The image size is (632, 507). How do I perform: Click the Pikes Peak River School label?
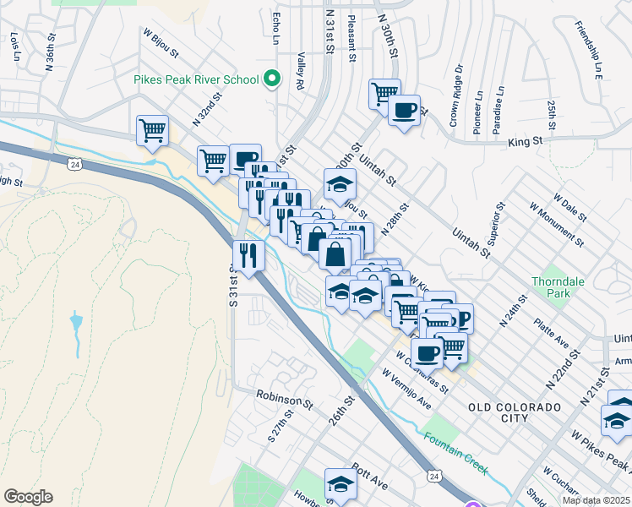pyautogui.click(x=196, y=80)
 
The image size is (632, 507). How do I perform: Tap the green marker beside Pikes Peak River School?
pyautogui.click(x=272, y=79)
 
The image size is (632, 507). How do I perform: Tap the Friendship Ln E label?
pyautogui.click(x=586, y=51)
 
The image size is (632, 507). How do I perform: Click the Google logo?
pyautogui.click(x=28, y=497)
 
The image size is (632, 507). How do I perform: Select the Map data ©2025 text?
pyautogui.click(x=597, y=500)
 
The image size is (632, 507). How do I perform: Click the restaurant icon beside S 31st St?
pyautogui.click(x=248, y=255)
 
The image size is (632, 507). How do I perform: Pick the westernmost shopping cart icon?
pyautogui.click(x=153, y=131)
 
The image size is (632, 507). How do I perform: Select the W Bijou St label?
pyautogui.click(x=161, y=45)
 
